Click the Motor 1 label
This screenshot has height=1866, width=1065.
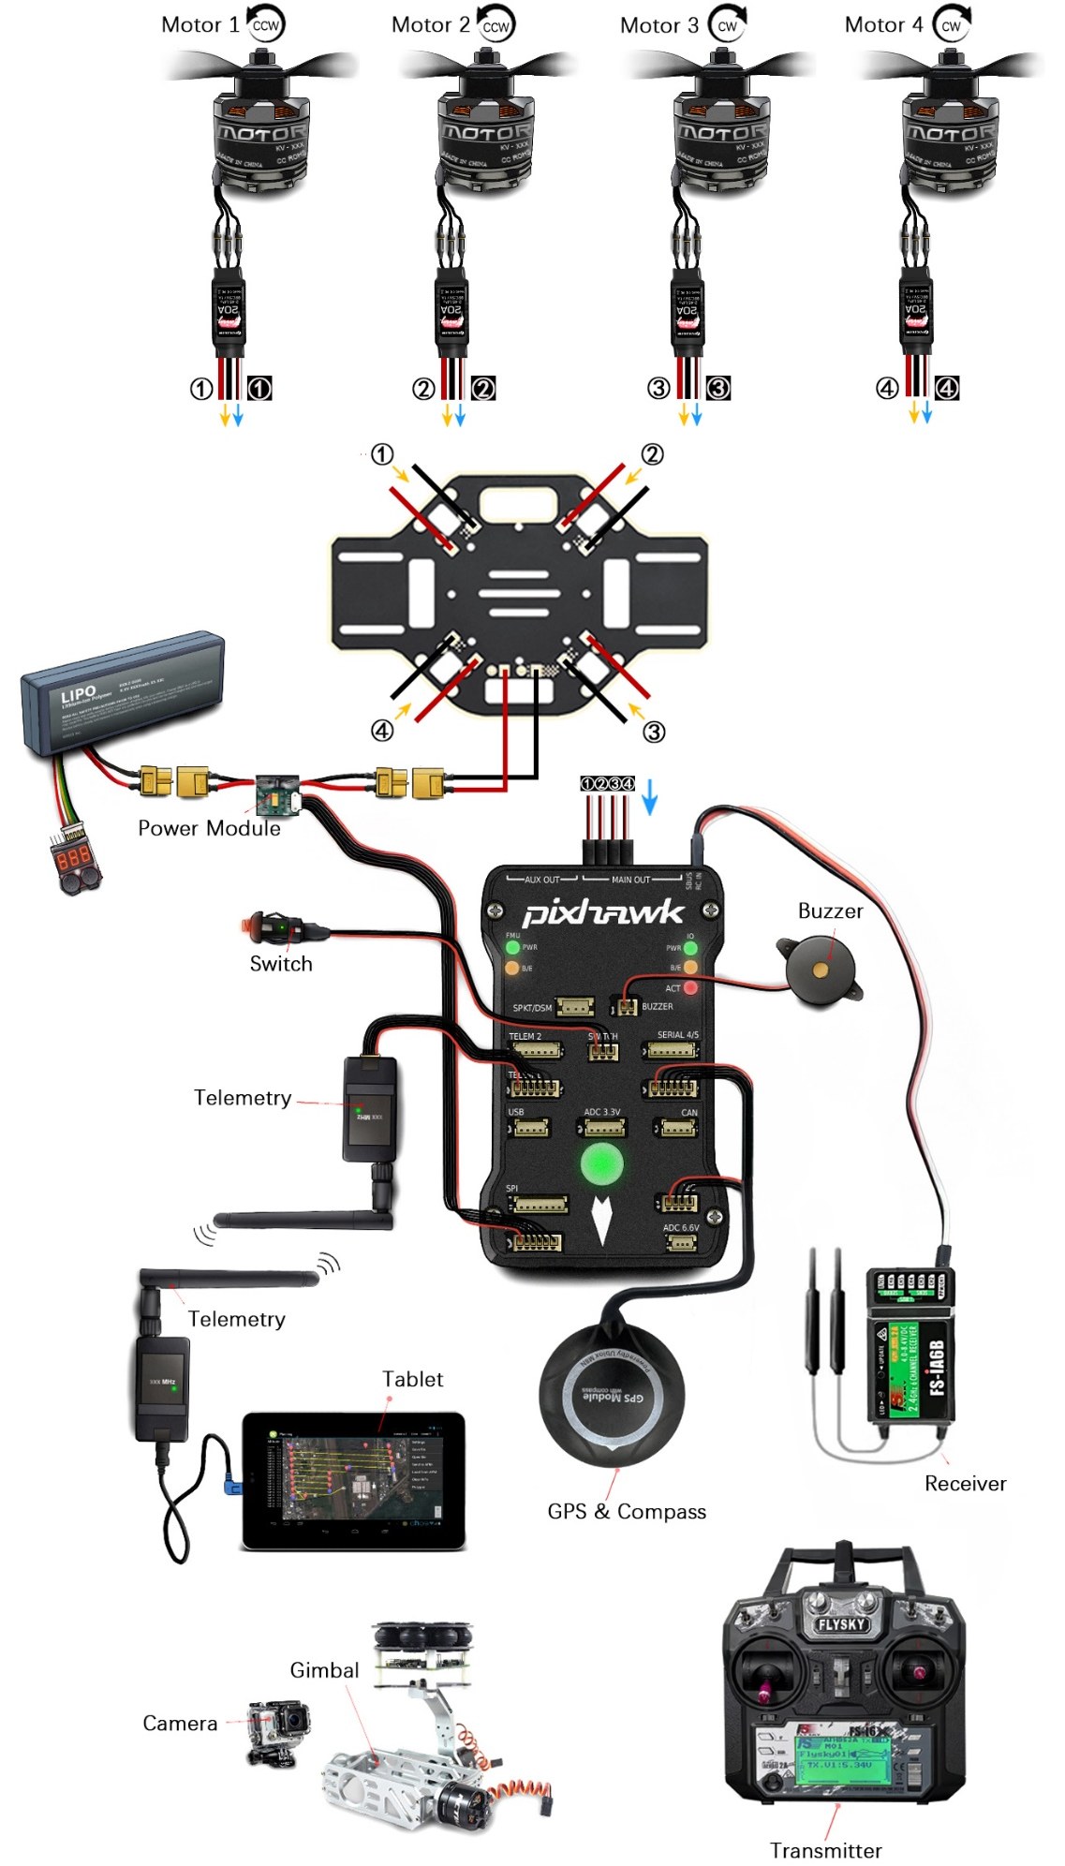point(200,25)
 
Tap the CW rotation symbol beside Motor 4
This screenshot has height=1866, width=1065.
point(951,25)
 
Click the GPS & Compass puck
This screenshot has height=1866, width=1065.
point(611,1397)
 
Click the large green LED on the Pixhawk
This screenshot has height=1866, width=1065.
point(601,1163)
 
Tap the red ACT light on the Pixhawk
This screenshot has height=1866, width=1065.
point(690,987)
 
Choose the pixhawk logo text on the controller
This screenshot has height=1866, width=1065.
point(603,911)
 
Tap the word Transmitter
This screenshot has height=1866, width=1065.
point(825,1850)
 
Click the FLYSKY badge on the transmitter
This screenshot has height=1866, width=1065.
point(841,1624)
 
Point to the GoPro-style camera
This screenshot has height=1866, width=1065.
point(279,1730)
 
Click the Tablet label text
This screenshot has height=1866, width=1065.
point(412,1379)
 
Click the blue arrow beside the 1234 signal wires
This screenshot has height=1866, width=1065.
point(649,795)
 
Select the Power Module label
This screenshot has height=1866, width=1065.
point(209,828)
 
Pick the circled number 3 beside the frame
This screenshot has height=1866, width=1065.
point(654,732)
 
